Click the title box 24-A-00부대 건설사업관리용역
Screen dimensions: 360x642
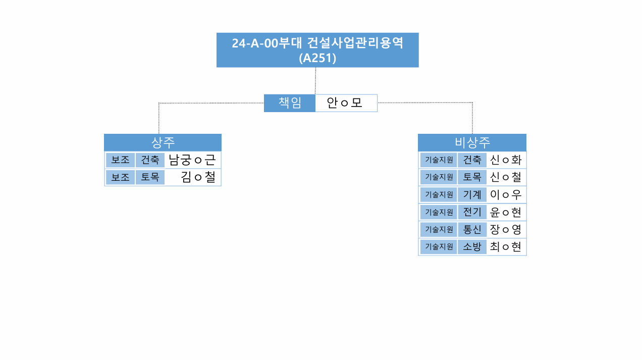[317, 50]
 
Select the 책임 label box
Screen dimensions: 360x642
[290, 103]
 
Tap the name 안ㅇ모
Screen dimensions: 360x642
[345, 103]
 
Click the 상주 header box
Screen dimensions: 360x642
[163, 142]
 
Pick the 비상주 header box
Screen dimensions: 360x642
[472, 142]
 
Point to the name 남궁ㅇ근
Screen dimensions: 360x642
[192, 160]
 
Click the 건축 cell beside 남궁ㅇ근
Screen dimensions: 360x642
[150, 160]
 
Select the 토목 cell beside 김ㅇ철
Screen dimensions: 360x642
[150, 177]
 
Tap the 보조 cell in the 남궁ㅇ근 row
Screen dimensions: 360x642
[120, 160]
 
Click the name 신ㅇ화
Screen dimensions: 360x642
[505, 160]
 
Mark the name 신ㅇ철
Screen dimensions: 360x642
[505, 177]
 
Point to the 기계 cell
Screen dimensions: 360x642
[472, 194]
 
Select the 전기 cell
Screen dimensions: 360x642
[472, 212]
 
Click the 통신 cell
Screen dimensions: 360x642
[472, 229]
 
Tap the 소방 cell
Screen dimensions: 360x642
[472, 247]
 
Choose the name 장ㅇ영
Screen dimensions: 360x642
[505, 229]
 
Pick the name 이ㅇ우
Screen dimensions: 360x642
[505, 194]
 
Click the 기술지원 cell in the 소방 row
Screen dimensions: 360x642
[439, 247]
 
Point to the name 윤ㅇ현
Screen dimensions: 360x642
[505, 212]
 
